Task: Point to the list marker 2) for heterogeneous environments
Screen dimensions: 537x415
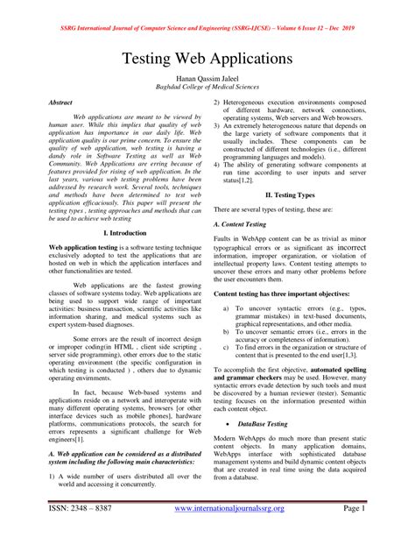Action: pos(219,103)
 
